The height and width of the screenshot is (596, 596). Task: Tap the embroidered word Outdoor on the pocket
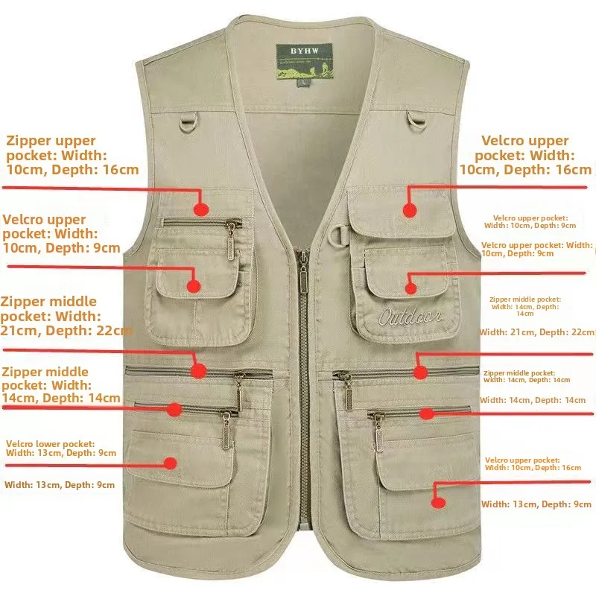pos(409,317)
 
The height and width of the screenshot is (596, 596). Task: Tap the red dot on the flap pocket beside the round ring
pos(409,211)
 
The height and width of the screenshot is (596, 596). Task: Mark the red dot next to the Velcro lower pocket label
pos(171,463)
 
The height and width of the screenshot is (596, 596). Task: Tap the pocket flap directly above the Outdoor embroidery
pos(406,268)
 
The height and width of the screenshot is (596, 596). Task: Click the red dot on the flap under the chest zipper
pos(194,285)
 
